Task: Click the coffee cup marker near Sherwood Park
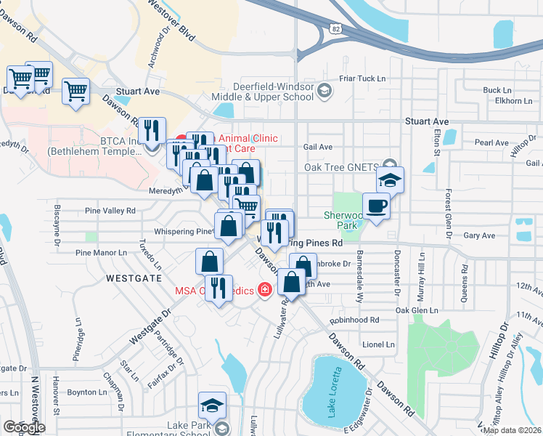pyautogui.click(x=375, y=207)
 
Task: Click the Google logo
pyautogui.click(x=24, y=427)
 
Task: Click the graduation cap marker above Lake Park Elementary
pyautogui.click(x=213, y=405)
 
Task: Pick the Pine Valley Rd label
pyautogui.click(x=110, y=211)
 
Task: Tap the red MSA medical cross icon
pyautogui.click(x=265, y=291)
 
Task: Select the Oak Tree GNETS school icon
pyautogui.click(x=390, y=165)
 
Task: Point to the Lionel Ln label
pyautogui.click(x=377, y=344)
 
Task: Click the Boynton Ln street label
pyautogui.click(x=86, y=392)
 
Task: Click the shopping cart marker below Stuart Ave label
pyautogui.click(x=75, y=92)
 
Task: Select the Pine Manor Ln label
pyautogui.click(x=101, y=252)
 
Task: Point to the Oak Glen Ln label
pyautogui.click(x=417, y=310)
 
